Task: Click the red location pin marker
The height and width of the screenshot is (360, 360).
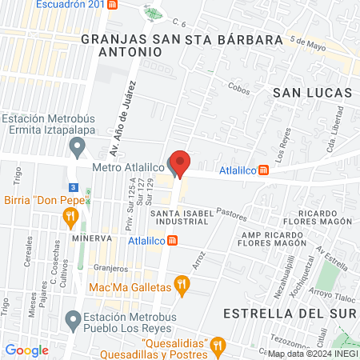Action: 181,163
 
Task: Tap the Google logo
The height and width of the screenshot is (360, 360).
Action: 26,350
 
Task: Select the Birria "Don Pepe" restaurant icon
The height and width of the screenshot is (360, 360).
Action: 70,214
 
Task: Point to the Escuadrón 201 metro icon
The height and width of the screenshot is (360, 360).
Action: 113,4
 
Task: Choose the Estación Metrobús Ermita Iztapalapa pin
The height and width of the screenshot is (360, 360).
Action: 77,146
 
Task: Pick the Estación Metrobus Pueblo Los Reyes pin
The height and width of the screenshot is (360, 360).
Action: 77,319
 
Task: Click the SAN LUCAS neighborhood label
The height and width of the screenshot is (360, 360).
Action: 313,93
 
